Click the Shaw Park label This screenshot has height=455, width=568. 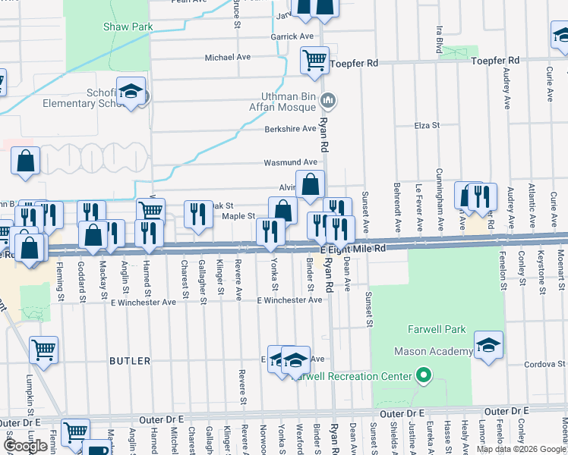(x=128, y=27)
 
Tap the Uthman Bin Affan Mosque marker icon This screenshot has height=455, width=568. (x=329, y=99)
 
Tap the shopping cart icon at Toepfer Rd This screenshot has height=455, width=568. (x=314, y=61)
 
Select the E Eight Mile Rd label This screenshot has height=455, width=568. (x=353, y=249)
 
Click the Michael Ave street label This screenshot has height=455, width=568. (x=228, y=57)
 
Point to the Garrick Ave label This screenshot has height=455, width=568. (x=292, y=36)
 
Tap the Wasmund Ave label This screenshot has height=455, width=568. (x=290, y=162)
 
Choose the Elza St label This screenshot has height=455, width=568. (x=428, y=126)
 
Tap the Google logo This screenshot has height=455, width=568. (x=25, y=446)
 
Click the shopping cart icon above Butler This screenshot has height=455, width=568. (x=43, y=350)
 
